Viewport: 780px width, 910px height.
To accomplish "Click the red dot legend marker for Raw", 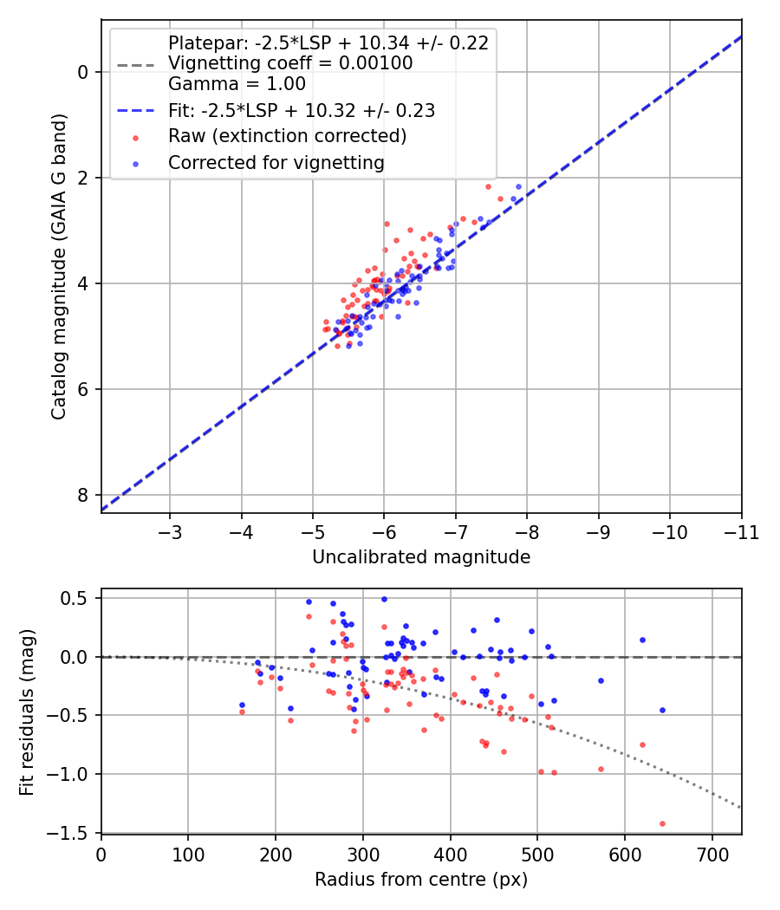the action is pos(136,138).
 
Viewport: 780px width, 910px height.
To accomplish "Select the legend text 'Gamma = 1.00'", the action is pos(237,84).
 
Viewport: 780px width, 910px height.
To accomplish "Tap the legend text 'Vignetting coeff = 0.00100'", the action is pos(290,63).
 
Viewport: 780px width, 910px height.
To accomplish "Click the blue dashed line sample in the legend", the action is pos(136,110).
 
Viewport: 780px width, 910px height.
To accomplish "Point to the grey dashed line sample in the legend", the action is pos(136,65).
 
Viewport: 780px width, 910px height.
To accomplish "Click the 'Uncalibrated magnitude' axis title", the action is pos(421,557).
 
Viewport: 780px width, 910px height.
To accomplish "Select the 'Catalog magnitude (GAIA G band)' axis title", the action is pos(59,266).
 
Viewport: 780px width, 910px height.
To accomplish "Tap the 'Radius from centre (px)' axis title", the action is pos(421,880).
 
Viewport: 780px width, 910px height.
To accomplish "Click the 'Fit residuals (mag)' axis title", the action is pos(27,712).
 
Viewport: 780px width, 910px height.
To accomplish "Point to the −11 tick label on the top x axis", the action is pos(741,532).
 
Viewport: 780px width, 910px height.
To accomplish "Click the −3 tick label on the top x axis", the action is pos(170,532).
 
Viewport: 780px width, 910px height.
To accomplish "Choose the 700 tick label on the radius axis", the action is pos(712,855).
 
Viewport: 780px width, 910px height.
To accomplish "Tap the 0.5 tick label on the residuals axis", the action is pos(76,598).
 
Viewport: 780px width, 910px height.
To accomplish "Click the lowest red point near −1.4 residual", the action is pos(662,823).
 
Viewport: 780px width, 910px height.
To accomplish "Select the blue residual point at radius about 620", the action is pos(642,640).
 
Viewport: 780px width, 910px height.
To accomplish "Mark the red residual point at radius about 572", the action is pos(601,769).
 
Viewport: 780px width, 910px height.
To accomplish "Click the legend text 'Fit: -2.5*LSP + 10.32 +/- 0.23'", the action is pos(302,111).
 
